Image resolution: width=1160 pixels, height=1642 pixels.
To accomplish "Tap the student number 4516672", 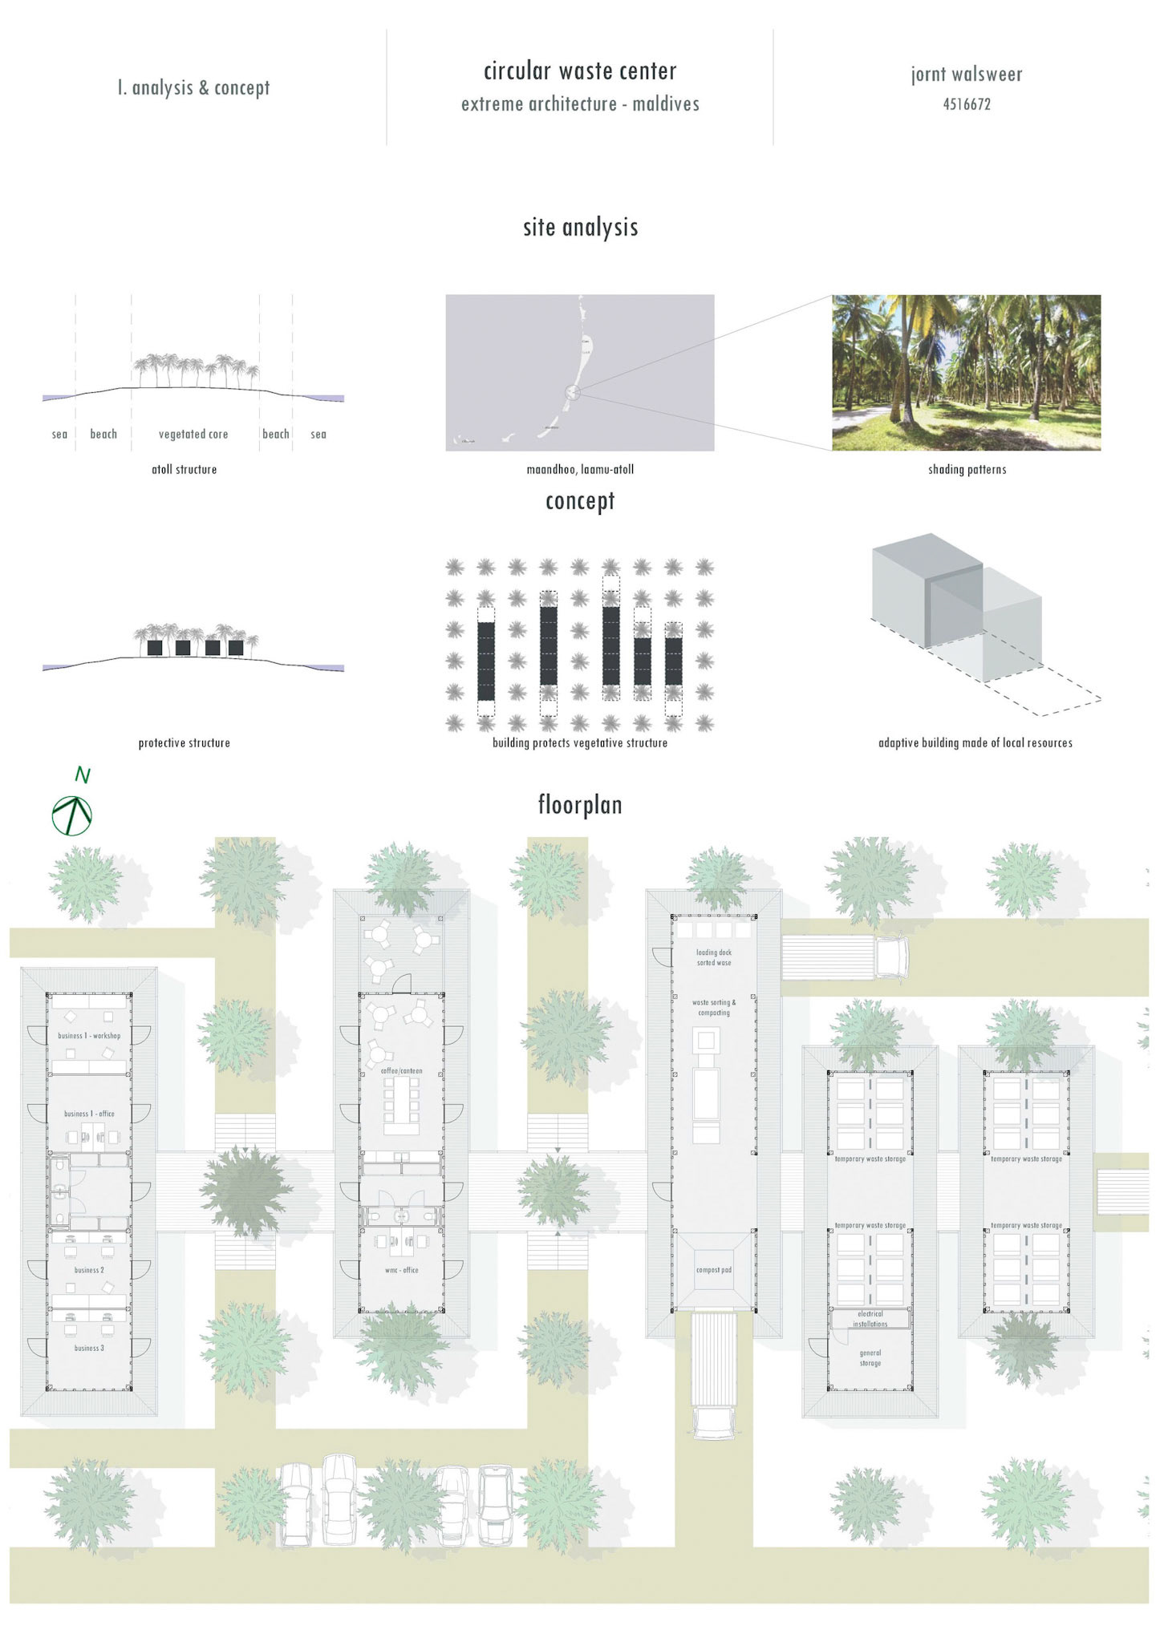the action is click(x=967, y=104).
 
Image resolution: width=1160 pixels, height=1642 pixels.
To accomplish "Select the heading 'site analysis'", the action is click(x=580, y=228).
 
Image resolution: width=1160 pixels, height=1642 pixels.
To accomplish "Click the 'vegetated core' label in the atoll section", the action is click(x=193, y=435).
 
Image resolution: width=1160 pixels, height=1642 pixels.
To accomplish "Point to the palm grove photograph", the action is click(x=966, y=373).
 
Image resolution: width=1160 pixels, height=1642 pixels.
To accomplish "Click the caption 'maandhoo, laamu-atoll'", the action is click(x=580, y=470).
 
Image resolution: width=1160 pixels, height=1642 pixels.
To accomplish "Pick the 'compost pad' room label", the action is click(x=713, y=1270).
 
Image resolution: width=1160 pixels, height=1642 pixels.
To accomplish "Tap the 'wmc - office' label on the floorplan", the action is click(x=400, y=1270).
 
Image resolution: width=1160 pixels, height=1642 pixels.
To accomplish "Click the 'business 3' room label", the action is click(x=89, y=1348).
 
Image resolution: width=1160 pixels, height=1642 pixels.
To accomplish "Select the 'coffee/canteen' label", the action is click(x=401, y=1070).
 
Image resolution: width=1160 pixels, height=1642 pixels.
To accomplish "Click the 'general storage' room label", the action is click(x=870, y=1357).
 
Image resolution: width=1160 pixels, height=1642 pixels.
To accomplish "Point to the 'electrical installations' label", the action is click(x=870, y=1319).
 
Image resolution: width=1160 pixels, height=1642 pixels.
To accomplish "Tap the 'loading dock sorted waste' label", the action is click(x=713, y=957).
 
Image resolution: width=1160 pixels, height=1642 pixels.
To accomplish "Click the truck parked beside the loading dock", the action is click(x=846, y=957).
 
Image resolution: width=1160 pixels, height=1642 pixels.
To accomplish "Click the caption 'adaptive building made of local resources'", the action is click(x=975, y=743).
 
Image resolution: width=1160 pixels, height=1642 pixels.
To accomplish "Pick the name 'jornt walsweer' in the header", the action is click(x=967, y=75).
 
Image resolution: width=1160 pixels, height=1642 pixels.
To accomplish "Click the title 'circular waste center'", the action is click(x=580, y=71).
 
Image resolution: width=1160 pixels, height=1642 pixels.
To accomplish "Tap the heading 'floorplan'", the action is click(x=580, y=805).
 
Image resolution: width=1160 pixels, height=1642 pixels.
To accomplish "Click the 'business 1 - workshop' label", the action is click(x=89, y=1036).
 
